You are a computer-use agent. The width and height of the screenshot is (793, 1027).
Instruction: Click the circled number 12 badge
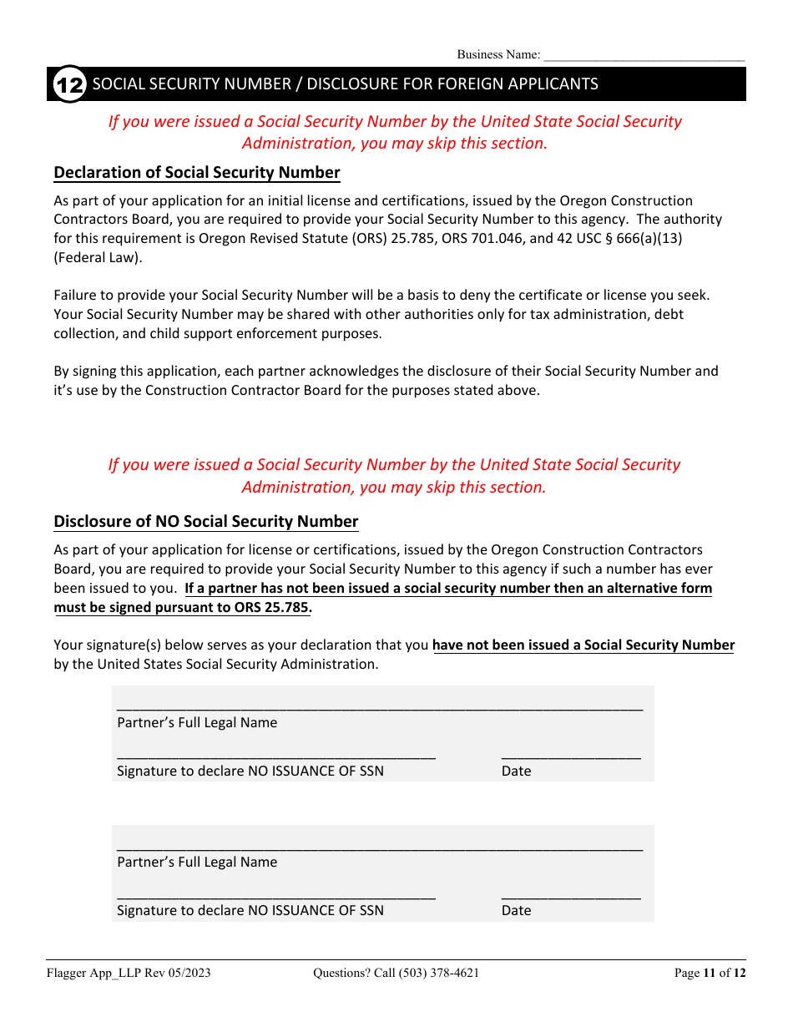click(x=69, y=84)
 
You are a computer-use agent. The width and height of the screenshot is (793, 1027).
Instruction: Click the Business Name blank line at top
click(x=643, y=57)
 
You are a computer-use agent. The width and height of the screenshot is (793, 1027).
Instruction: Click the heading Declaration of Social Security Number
click(x=197, y=173)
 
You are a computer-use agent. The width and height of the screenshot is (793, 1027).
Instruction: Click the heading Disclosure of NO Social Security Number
click(x=206, y=522)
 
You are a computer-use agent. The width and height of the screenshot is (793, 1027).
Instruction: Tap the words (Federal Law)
click(x=98, y=257)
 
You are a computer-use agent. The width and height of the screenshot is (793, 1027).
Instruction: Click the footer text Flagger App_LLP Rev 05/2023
click(x=128, y=973)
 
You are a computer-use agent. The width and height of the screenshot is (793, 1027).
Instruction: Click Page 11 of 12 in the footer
click(x=710, y=973)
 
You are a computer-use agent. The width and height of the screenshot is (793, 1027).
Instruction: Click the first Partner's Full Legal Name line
click(x=380, y=706)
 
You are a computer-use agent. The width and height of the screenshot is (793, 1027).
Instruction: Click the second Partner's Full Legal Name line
click(x=380, y=846)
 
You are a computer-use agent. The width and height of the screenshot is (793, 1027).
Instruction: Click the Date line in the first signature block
click(x=571, y=755)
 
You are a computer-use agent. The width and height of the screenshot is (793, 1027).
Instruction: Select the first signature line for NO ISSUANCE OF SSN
click(x=275, y=755)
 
